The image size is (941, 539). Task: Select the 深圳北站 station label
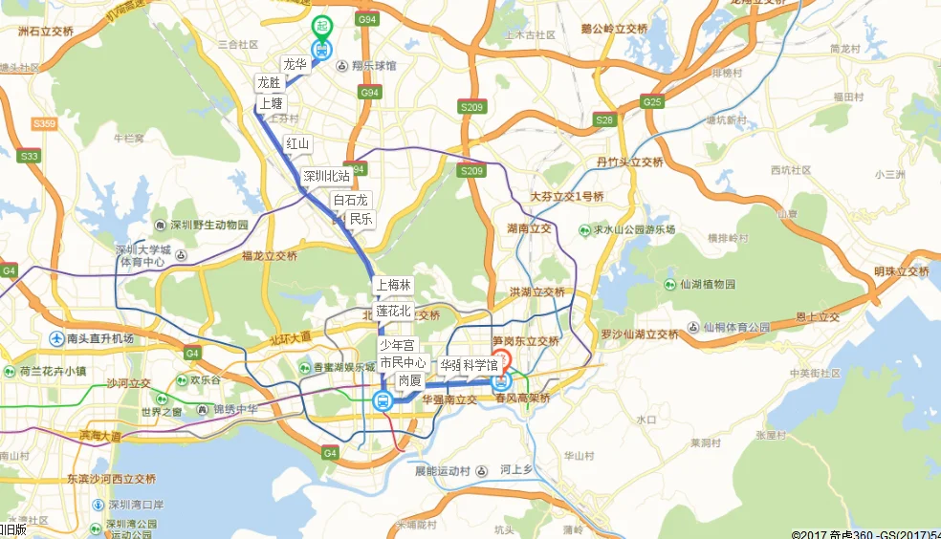[x=326, y=176]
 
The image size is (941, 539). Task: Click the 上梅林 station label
[x=392, y=285]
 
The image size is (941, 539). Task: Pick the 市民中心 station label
[x=403, y=363]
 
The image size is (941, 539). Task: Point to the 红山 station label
[x=297, y=143]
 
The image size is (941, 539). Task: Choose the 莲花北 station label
[x=392, y=311]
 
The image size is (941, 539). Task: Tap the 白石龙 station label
[x=350, y=200]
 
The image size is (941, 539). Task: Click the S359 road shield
[x=44, y=124]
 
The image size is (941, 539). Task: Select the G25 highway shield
[x=652, y=102]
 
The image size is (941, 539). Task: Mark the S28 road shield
[x=603, y=120]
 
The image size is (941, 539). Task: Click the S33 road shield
[x=30, y=156]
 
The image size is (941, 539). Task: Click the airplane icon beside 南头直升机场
[x=57, y=338]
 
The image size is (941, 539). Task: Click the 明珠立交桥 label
[x=901, y=271]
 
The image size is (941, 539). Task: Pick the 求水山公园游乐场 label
[x=632, y=230]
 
